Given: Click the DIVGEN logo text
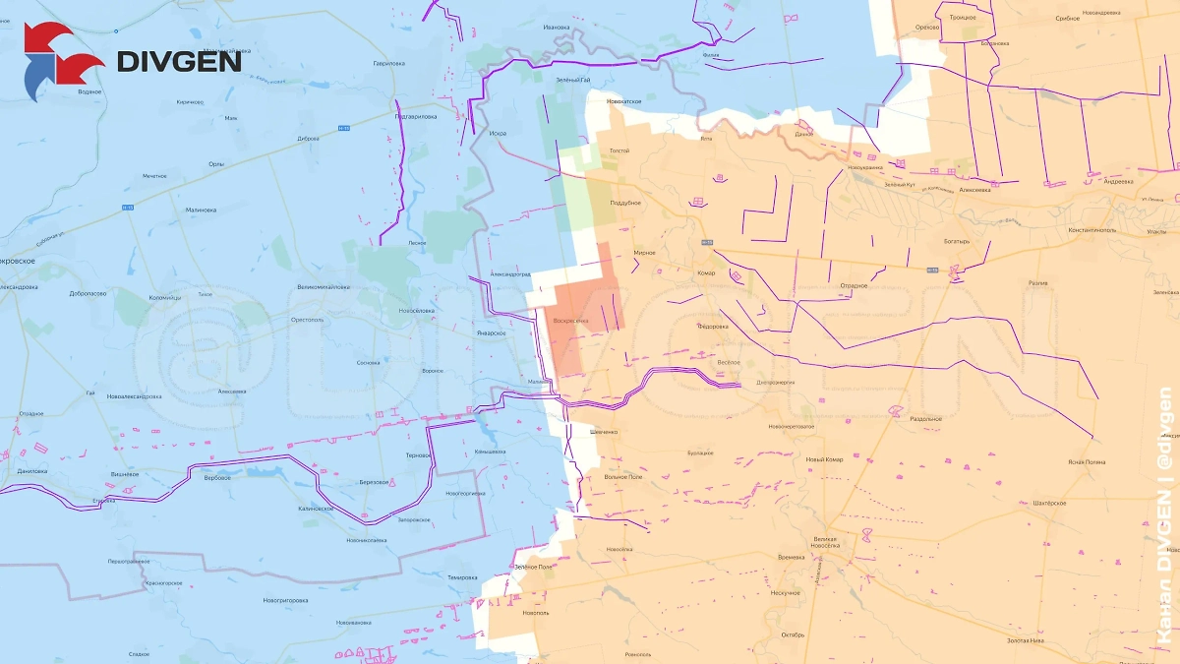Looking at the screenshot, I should (179, 61).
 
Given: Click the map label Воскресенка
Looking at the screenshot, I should (571, 321).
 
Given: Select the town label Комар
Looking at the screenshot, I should (705, 273).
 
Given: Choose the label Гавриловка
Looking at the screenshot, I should (389, 63).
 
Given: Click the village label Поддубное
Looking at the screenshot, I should (625, 203).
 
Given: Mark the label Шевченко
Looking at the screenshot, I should (604, 432).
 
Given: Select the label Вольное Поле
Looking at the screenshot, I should (622, 477).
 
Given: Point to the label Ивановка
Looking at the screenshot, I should (556, 26).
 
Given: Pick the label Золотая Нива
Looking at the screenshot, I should (1026, 640).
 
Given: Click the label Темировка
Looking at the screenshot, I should (461, 577).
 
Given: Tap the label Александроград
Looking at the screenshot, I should (510, 274).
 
